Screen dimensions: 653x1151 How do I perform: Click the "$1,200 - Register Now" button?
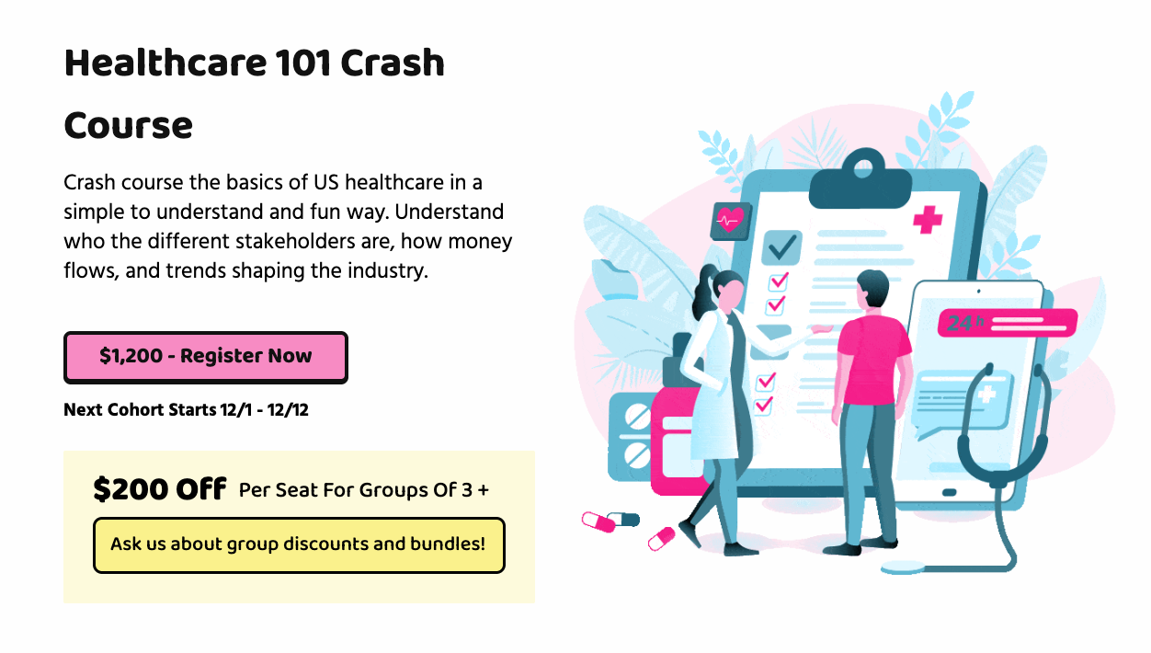(206, 357)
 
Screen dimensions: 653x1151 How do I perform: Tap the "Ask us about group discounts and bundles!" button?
(299, 544)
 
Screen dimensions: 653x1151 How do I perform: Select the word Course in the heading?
(129, 125)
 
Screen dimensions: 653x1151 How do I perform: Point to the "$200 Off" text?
(160, 489)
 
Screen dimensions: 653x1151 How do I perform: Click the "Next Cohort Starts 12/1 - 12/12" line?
(186, 409)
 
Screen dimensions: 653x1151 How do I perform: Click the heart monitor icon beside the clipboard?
(731, 220)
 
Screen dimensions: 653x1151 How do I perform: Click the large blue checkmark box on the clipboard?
(782, 246)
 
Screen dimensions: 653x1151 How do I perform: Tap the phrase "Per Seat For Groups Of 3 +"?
(364, 489)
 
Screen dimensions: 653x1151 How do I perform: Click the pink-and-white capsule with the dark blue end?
(610, 521)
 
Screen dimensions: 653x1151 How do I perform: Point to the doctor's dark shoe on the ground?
(740, 549)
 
